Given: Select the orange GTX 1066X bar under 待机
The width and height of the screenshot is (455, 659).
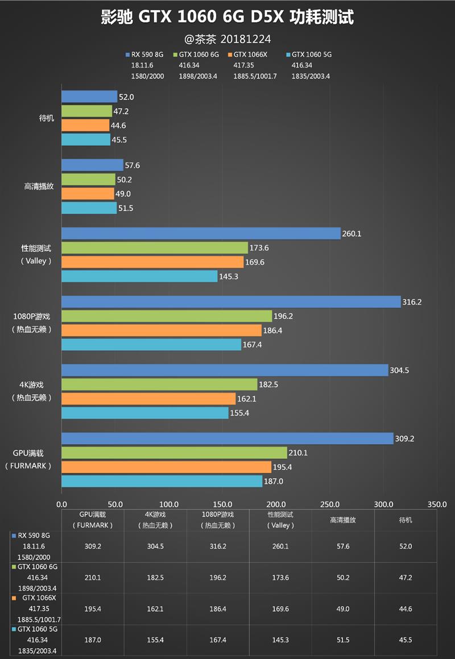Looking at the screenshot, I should [85, 125].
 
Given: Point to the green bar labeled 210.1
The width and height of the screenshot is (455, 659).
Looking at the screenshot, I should [174, 453].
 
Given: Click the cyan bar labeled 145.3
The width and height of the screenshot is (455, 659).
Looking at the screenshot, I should [139, 276].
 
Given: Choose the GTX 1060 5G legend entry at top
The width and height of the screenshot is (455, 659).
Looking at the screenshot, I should [311, 55].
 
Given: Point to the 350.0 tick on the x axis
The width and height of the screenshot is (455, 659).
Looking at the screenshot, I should [437, 504].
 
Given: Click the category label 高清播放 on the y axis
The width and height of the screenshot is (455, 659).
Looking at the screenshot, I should [39, 186].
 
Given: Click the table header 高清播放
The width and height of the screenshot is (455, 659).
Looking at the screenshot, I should [343, 520].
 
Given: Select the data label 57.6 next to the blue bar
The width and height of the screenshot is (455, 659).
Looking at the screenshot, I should [133, 165].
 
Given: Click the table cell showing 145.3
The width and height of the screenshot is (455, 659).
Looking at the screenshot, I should [280, 640].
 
